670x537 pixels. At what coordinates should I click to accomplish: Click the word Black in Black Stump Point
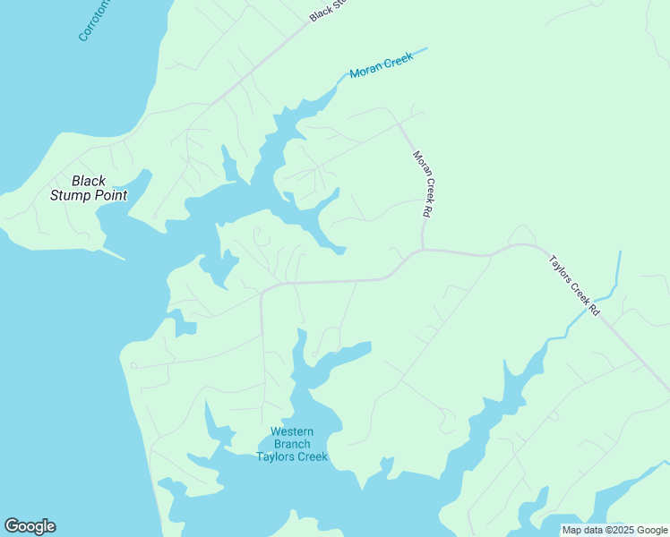point(89,181)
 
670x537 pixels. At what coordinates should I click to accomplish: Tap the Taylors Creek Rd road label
point(573,285)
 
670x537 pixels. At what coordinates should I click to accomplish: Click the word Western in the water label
point(292,432)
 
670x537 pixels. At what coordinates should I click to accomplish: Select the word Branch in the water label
point(292,445)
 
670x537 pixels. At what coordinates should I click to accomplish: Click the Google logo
point(30,526)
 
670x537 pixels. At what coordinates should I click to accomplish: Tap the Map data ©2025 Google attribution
point(615,530)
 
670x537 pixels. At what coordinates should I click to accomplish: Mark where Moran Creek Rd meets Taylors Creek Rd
point(422,250)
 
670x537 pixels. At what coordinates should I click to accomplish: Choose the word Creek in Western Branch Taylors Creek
point(312,457)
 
